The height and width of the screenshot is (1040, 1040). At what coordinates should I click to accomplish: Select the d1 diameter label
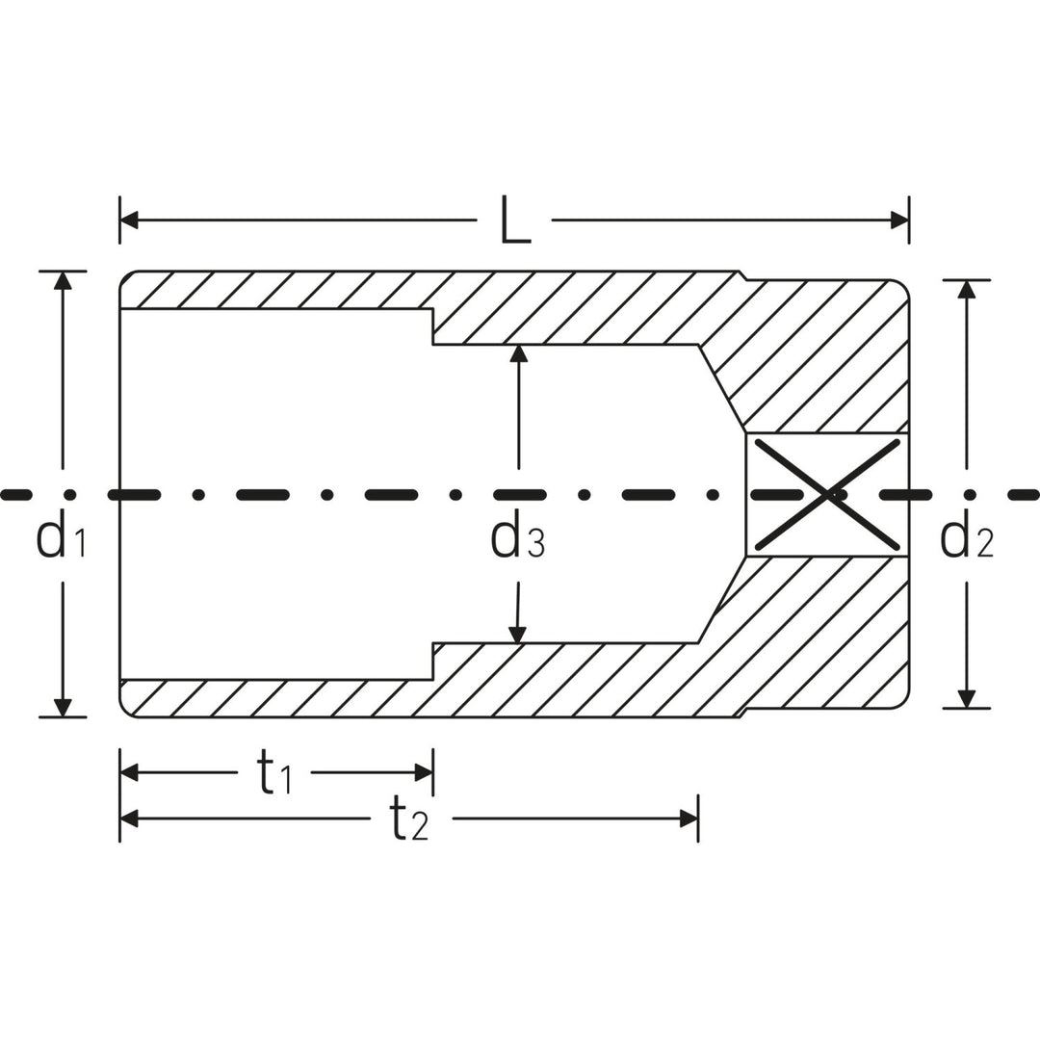click(x=61, y=538)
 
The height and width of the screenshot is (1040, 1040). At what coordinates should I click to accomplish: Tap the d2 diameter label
click(x=966, y=538)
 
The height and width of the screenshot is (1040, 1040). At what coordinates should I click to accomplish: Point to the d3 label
click(x=518, y=539)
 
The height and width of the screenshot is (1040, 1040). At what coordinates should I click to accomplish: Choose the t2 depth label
click(x=408, y=820)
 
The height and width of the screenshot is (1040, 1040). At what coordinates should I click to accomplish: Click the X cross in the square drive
click(x=826, y=495)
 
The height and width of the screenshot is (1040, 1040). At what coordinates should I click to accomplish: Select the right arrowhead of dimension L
click(x=899, y=221)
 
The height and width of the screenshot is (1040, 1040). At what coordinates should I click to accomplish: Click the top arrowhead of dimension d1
click(x=63, y=280)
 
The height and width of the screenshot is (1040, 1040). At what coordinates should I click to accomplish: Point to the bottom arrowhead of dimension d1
click(x=63, y=707)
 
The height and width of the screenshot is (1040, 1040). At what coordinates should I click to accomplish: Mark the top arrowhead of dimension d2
click(x=967, y=289)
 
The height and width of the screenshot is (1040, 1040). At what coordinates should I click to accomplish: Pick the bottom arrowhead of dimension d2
click(x=967, y=699)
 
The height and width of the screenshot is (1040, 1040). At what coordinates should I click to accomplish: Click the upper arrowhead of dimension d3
click(x=519, y=353)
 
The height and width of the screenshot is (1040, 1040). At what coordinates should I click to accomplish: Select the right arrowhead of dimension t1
click(x=423, y=772)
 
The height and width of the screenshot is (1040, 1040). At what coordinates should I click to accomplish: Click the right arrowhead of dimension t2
click(x=689, y=819)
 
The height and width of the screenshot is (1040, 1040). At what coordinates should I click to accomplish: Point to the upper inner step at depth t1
click(x=432, y=326)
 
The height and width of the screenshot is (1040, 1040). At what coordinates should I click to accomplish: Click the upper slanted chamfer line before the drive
click(x=721, y=387)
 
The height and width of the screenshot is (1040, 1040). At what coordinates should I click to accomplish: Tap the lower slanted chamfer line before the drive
click(x=721, y=600)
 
